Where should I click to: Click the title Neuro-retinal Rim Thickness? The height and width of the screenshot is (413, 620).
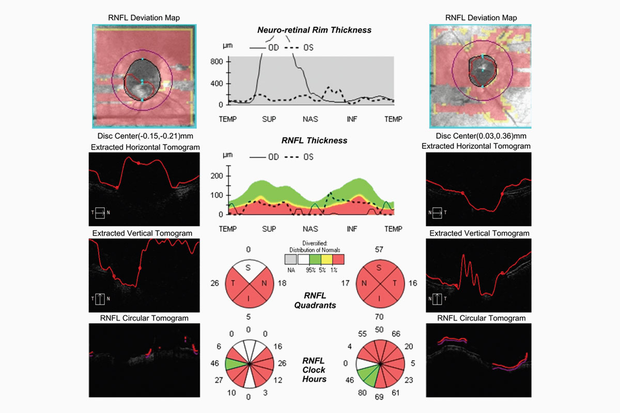314,30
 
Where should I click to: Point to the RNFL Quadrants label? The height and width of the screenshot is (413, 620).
314,300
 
